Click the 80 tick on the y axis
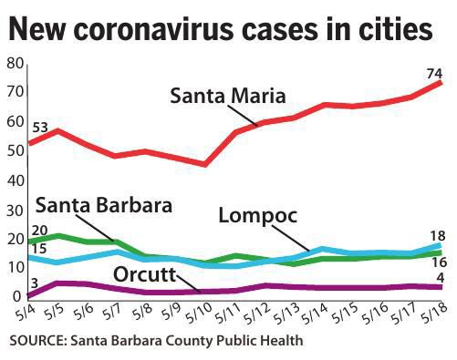tap(13, 63)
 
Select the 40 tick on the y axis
tap(13, 180)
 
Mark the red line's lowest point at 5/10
tap(205, 164)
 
